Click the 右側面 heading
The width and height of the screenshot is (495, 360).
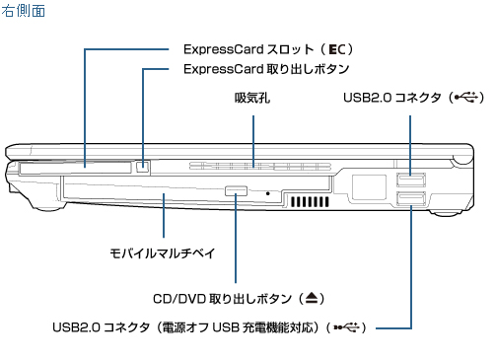(x=23, y=11)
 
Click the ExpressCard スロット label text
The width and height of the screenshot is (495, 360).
(x=248, y=49)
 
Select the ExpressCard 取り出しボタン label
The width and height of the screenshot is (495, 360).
(x=266, y=69)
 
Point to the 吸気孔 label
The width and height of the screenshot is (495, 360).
(x=252, y=98)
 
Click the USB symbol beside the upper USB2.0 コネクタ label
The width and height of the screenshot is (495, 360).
(x=466, y=98)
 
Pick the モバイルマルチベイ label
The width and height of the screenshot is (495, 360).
(x=163, y=253)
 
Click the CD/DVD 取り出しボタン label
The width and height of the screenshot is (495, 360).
(x=222, y=299)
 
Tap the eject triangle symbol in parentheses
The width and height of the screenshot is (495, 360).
(x=312, y=298)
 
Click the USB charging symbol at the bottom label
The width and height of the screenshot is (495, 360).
(x=346, y=327)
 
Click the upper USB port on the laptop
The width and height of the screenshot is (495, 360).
(x=411, y=180)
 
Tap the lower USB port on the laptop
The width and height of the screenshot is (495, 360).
(x=411, y=199)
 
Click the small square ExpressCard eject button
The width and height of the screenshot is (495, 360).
(x=142, y=167)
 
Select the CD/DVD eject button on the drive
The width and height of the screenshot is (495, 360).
(x=236, y=190)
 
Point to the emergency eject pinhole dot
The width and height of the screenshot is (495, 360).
(x=268, y=193)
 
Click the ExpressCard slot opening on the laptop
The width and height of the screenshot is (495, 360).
(x=76, y=168)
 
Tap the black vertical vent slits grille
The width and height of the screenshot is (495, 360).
(x=310, y=201)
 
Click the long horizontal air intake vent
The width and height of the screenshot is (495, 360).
(x=260, y=166)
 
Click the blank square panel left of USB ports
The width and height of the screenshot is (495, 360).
(x=369, y=187)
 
